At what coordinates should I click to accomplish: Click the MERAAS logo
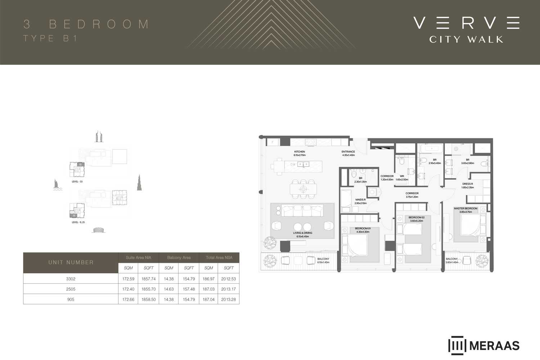coord(484,346)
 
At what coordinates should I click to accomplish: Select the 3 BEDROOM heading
coord(86,24)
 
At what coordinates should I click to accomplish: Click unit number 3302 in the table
coord(71,279)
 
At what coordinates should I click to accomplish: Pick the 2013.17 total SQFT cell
coord(228,289)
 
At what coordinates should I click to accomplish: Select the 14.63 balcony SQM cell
coord(168,289)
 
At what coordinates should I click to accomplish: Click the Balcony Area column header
coord(179,258)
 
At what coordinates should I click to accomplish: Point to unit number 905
coord(71,300)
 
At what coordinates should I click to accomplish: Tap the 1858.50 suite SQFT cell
coord(148,300)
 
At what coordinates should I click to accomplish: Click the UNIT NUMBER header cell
coord(71,262)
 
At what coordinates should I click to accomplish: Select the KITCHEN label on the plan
coord(300,152)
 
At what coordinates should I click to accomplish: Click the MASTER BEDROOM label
coord(465,208)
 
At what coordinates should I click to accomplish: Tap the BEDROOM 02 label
coord(417,217)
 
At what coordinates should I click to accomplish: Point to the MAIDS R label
coord(360,200)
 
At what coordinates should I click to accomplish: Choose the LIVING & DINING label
coord(303,233)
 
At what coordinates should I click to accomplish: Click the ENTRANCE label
coord(348,152)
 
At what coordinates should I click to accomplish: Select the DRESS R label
coord(468,184)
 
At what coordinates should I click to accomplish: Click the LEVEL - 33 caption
coord(77,182)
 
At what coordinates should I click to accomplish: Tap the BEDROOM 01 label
coord(363,229)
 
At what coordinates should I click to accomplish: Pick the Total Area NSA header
coord(219,258)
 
